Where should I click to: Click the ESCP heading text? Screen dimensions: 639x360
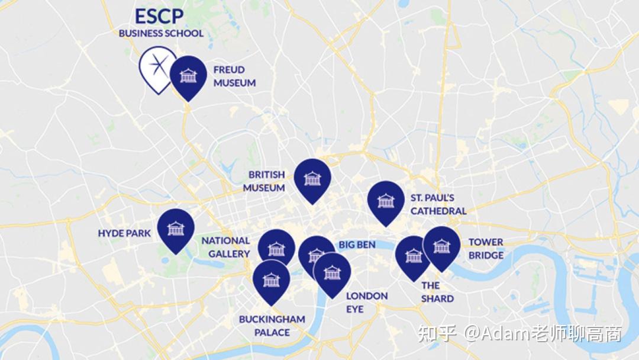pos(159,16)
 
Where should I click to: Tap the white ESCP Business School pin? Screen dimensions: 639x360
pos(157,65)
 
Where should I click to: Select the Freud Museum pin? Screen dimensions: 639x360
pos(188,75)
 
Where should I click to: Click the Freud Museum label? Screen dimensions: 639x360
pos(234,76)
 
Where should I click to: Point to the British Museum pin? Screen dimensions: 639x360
pos(312,178)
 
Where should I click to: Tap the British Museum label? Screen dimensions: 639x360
pos(266,181)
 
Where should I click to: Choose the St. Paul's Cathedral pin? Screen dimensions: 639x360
pos(386,200)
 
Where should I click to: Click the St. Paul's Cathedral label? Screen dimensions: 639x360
pos(438,204)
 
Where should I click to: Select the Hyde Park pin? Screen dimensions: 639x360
pos(176,228)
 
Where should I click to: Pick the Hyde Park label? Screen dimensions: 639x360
pos(124,233)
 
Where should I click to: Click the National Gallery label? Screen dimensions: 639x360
pos(225,247)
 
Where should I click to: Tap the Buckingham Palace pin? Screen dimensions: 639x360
pos(271,279)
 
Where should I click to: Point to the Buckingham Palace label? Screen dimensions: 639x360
pos(272,326)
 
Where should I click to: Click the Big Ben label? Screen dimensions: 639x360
pos(357,245)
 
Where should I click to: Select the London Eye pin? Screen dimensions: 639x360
pos(332,272)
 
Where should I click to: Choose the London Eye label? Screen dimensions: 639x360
pos(367,302)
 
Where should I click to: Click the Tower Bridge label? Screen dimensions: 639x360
pos(486,249)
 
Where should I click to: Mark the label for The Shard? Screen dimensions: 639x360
pos(437,292)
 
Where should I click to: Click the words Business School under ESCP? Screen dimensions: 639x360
pos(161,33)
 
